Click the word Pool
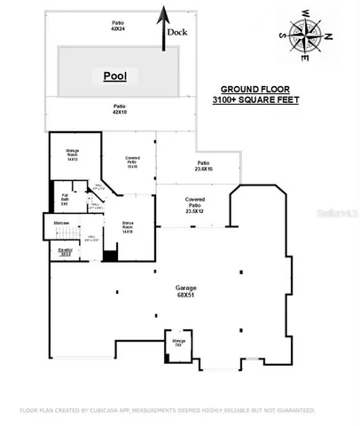[x=114, y=76]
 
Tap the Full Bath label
[x=65, y=200]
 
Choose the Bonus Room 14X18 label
[x=127, y=227]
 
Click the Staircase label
[x=61, y=222]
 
